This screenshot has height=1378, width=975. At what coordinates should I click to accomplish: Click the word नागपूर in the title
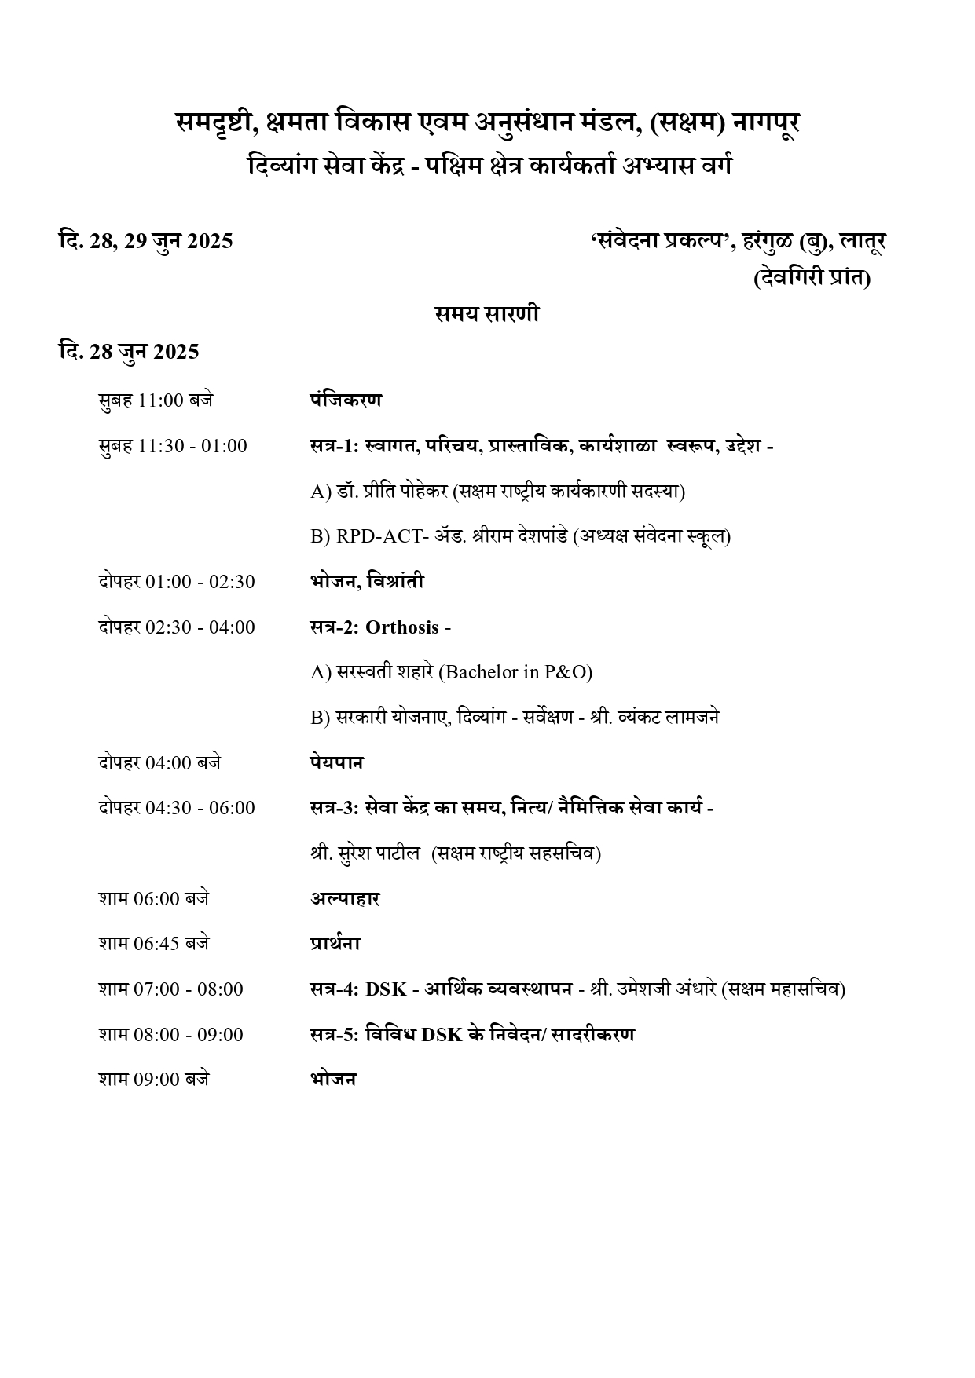765,123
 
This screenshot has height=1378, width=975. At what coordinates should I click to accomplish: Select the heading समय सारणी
487,314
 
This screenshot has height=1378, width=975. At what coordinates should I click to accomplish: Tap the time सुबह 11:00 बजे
156,400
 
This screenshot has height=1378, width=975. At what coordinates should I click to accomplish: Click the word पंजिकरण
346,400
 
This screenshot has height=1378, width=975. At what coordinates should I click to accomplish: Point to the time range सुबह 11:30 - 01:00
173,446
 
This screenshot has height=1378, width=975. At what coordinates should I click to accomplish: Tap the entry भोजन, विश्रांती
367,582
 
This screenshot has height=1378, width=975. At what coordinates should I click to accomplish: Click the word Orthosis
402,627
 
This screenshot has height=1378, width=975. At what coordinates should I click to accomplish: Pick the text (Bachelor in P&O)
515,672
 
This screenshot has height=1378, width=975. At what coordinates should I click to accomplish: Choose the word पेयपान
337,762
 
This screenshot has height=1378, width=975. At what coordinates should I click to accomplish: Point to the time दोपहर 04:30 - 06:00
177,808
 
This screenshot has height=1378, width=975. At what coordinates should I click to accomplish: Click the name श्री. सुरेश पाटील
365,853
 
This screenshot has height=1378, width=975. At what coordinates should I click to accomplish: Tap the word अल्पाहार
345,899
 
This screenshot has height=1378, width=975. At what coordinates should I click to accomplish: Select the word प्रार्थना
335,944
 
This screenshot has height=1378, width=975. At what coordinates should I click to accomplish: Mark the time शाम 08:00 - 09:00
171,1035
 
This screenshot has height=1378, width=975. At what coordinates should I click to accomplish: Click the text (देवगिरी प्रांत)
812,279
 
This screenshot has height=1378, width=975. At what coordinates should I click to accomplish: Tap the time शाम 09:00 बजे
154,1080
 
